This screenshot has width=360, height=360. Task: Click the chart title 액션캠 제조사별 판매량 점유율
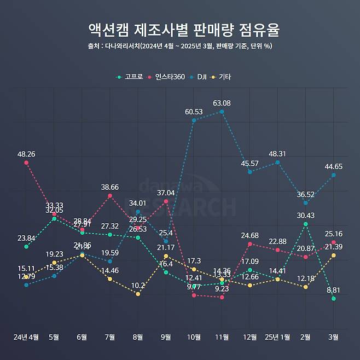pos(179,28)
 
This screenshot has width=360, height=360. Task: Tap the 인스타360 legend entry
pos(166,77)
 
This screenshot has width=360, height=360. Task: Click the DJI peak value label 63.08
pos(222,103)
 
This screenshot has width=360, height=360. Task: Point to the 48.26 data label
pos(26,154)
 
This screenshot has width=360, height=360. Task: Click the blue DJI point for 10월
pos(194,120)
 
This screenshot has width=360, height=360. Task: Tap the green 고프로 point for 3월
pos(333,299)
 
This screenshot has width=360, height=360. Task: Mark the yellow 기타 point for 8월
pos(138,294)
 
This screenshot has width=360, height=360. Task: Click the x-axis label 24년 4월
pos(26,337)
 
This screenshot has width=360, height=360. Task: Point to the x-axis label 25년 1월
pos(277,337)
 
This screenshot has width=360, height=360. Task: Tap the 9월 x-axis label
pos(166,337)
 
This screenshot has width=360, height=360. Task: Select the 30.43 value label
pos(305,216)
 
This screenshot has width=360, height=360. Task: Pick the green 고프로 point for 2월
pos(305,224)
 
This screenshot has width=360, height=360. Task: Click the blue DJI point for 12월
pos(249,172)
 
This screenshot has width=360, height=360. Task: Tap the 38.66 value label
pos(110,187)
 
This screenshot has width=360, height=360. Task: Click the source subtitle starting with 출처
pos(179,46)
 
